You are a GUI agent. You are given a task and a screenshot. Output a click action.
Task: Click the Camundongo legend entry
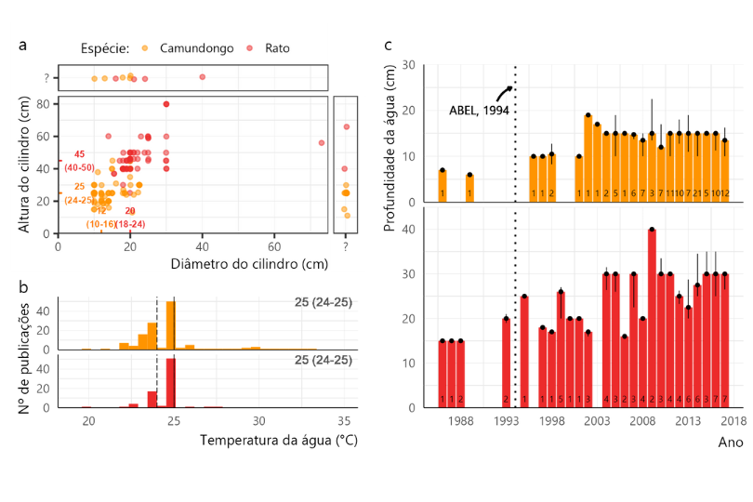click(196, 47)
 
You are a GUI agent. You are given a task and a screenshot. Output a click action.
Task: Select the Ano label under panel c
click(730, 443)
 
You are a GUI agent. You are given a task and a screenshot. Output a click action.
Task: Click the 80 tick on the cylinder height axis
click(43, 104)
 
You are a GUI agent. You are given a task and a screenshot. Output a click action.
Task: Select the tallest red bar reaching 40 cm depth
click(652, 318)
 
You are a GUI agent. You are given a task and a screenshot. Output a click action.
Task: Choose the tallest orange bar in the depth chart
click(588, 158)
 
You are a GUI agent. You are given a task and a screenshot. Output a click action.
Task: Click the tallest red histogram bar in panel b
click(170, 383)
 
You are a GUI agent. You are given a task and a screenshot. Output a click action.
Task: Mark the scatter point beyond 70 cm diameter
click(322, 142)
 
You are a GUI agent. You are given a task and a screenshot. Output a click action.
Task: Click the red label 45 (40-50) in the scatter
click(79, 161)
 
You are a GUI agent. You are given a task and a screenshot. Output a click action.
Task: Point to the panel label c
click(388, 44)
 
